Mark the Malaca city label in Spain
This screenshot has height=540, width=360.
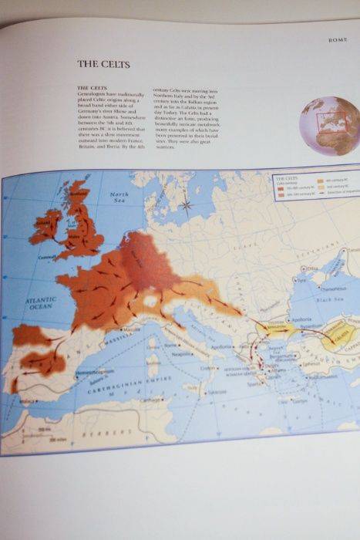29,401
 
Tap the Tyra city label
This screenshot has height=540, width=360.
295,281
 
